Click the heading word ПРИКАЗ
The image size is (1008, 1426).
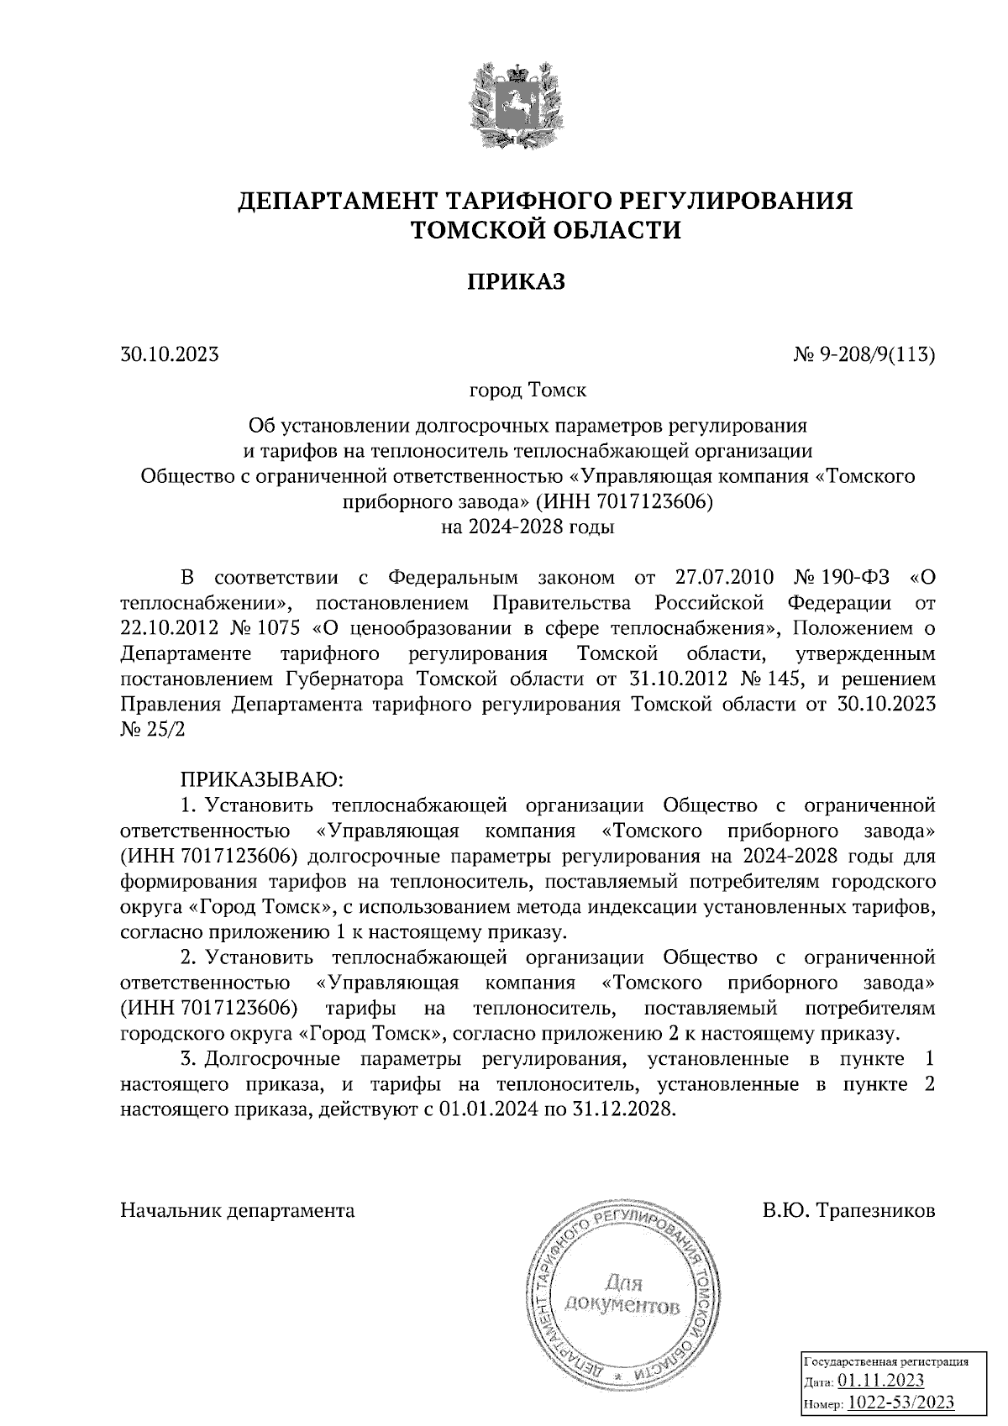tap(517, 282)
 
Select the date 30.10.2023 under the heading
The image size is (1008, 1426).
tap(170, 354)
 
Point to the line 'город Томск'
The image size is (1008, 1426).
tap(528, 391)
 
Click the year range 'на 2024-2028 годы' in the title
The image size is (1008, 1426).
tap(528, 528)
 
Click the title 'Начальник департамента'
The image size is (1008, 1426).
tap(238, 1210)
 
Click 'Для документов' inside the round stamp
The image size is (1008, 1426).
tap(622, 1294)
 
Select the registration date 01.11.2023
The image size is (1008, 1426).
tap(881, 1381)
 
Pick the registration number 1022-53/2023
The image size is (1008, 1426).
tap(900, 1402)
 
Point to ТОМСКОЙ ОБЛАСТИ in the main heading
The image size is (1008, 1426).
tap(544, 229)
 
